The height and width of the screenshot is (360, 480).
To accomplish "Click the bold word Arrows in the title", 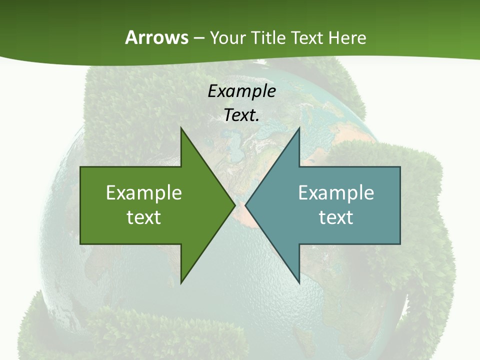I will pyautogui.click(x=156, y=37).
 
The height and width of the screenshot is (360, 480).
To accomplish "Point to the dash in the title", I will pyautogui.click(x=198, y=38).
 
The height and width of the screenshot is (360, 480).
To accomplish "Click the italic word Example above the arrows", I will pyautogui.click(x=242, y=91).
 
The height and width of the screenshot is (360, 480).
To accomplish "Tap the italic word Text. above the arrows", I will pyautogui.click(x=242, y=115).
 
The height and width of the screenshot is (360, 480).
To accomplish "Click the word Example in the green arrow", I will pyautogui.click(x=144, y=193).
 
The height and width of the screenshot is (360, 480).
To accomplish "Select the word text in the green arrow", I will pyautogui.click(x=144, y=217).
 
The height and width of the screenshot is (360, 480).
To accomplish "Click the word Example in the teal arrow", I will pyautogui.click(x=336, y=193).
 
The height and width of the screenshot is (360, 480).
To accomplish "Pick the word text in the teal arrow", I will pyautogui.click(x=336, y=217).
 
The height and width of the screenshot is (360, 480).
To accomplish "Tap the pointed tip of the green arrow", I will pyautogui.click(x=234, y=205).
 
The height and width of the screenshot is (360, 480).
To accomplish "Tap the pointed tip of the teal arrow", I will pyautogui.click(x=245, y=205).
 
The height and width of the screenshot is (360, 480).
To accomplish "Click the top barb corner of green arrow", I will pyautogui.click(x=181, y=128).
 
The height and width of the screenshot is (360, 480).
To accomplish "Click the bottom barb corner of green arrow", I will pyautogui.click(x=181, y=283).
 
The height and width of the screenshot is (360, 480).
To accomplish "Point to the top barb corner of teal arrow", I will pyautogui.click(x=299, y=128).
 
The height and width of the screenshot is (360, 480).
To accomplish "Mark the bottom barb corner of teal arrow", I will pyautogui.click(x=299, y=283).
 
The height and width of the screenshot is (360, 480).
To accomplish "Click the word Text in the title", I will pyautogui.click(x=307, y=37).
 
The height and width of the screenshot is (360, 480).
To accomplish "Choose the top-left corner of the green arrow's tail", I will pyautogui.click(x=80, y=167).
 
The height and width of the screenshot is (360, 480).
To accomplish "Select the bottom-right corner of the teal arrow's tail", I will pyautogui.click(x=400, y=243).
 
